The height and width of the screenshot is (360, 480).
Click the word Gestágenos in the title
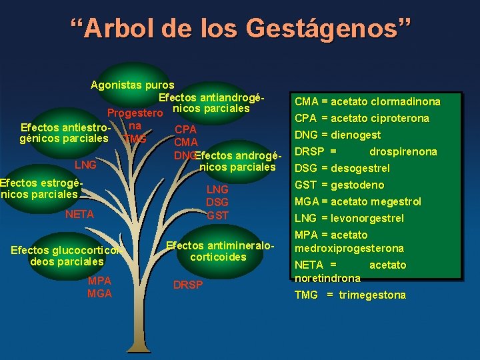tap(327, 29)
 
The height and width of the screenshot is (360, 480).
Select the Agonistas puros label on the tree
tap(133, 85)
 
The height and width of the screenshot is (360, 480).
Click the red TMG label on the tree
tap(135, 139)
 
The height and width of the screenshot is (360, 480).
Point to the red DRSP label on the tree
tap(188, 285)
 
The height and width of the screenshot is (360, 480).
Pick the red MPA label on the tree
tap(99, 281)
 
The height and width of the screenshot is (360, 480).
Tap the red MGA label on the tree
tap(99, 293)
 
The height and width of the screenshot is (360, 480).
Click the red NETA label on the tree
tap(79, 215)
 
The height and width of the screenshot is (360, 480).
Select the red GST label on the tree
tap(217, 215)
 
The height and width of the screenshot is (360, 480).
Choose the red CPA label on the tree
tap(185, 129)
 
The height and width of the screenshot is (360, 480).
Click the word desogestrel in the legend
tap(363, 169)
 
